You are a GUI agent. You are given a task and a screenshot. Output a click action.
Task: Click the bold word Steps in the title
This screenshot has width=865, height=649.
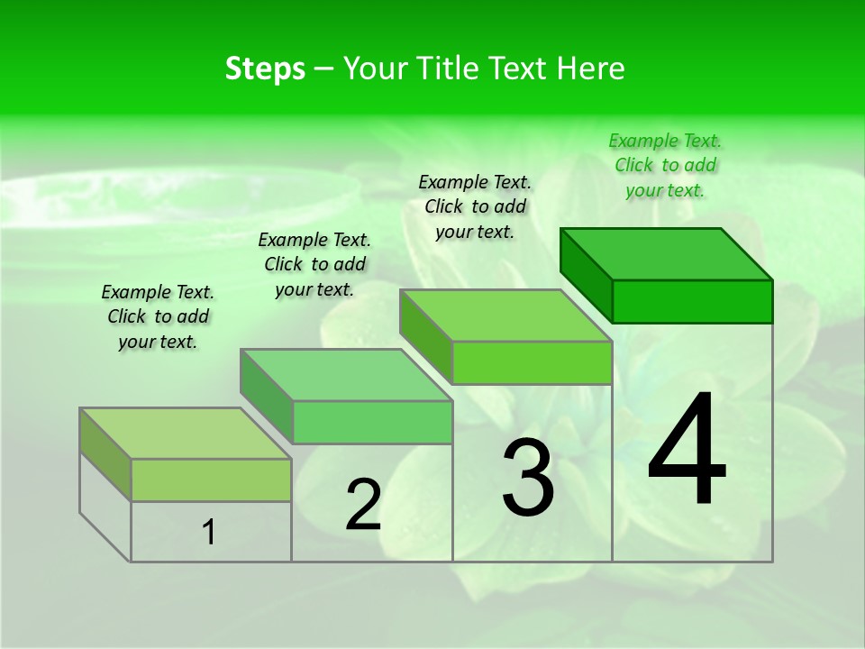[265, 69]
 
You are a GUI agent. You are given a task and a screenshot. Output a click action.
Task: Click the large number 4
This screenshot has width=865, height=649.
[687, 451]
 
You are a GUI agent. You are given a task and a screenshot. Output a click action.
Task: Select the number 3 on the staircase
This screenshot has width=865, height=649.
[528, 478]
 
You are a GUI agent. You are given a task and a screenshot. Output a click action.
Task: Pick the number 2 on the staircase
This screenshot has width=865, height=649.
[363, 506]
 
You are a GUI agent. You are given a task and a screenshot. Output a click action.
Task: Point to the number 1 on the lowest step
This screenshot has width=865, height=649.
[209, 533]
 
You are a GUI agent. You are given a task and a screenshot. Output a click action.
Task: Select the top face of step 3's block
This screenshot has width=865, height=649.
[505, 315]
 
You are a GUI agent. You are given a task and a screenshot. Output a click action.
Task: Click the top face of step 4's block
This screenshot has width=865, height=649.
[666, 254]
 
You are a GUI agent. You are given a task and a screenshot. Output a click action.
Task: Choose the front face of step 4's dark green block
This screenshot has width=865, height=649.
[692, 301]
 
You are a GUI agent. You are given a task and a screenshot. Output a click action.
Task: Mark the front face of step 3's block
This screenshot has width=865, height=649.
[532, 362]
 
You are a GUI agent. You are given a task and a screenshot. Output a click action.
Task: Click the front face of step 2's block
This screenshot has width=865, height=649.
[372, 422]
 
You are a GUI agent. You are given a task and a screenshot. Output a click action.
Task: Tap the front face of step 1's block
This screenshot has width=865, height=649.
[211, 480]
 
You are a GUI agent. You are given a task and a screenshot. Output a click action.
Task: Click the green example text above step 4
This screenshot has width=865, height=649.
[665, 165]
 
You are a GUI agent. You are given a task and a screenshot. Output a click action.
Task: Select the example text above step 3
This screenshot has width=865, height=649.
[475, 206]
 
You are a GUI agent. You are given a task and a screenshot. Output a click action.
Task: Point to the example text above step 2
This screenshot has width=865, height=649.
[314, 264]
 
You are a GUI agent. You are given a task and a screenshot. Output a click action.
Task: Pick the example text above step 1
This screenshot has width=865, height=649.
[158, 316]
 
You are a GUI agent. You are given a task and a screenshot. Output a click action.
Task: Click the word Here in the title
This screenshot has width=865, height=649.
[594, 69]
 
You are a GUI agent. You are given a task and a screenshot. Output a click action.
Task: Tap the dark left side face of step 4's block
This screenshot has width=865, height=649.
[586, 274]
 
